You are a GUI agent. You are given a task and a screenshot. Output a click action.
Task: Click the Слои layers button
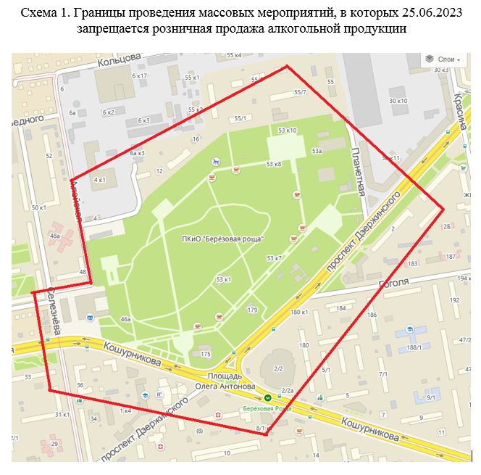click(x=443, y=59)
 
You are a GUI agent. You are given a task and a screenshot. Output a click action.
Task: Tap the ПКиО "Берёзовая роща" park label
click(x=223, y=239)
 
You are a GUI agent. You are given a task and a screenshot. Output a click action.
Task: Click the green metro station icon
click(x=268, y=397)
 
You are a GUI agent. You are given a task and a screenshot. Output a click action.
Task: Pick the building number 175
click(x=206, y=354)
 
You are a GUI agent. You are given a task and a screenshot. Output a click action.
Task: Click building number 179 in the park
click(x=252, y=310)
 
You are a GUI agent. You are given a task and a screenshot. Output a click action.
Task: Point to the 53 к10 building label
click(x=288, y=131)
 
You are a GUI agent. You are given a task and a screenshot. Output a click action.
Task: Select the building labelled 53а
click(x=317, y=151)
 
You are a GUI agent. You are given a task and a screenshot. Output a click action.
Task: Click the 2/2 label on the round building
click(x=277, y=369)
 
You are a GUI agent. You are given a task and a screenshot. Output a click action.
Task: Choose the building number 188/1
click(x=414, y=347)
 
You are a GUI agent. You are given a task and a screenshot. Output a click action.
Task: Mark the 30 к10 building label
click(x=398, y=101)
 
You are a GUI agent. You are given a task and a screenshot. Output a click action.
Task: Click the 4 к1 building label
click(x=99, y=179)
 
